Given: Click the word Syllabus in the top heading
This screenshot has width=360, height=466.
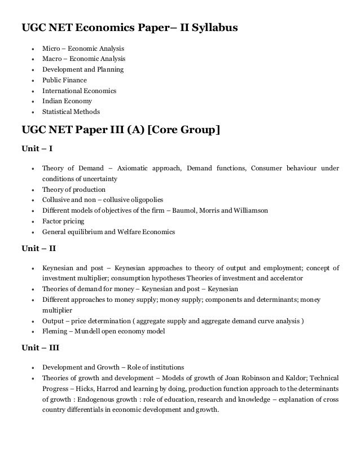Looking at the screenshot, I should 213,28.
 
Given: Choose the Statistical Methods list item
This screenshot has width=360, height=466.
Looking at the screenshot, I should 71,112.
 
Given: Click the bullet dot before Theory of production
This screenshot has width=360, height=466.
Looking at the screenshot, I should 35,190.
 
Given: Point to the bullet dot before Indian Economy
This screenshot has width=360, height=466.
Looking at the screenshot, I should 35,102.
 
